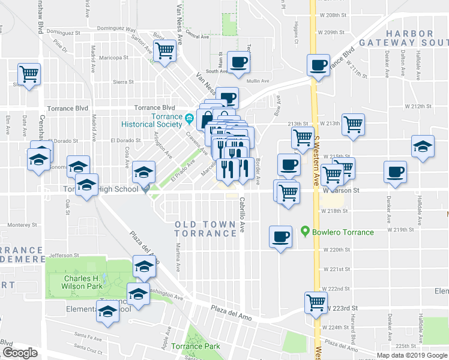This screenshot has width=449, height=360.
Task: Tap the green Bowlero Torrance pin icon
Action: (x=306, y=231)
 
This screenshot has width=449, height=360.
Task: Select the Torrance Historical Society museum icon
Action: (x=190, y=116)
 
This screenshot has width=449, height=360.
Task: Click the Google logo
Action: (x=20, y=353)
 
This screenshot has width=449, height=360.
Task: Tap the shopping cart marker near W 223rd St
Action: (x=316, y=303)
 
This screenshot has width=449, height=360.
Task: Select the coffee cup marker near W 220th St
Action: (x=280, y=236)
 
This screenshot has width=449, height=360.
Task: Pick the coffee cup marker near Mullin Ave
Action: (x=239, y=62)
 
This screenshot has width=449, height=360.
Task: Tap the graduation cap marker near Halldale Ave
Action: (x=423, y=146)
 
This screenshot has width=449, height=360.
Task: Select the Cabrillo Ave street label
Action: (x=243, y=215)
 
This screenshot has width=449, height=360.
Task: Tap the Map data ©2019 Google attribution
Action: (x=412, y=355)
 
